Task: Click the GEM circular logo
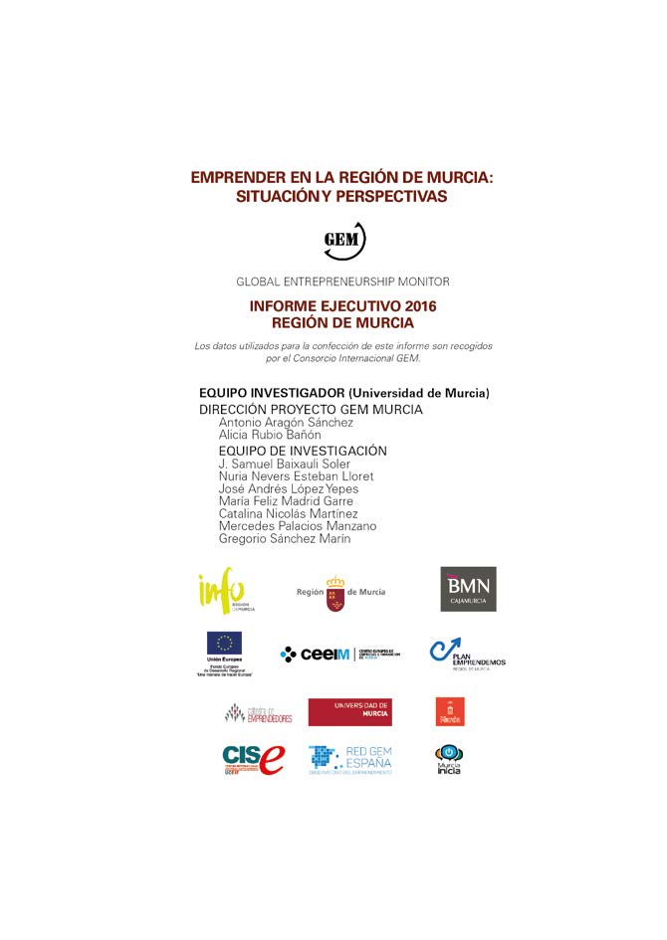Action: click(x=344, y=241)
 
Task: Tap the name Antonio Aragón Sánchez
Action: click(x=286, y=423)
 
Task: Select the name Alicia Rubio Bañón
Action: click(x=270, y=435)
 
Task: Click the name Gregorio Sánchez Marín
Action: click(x=285, y=538)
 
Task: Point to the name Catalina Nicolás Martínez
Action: click(x=288, y=513)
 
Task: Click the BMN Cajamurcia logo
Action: click(x=468, y=589)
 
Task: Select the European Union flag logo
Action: click(x=224, y=644)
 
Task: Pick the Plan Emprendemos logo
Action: click(x=466, y=655)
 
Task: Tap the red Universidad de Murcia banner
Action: click(x=348, y=711)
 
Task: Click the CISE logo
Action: click(x=253, y=760)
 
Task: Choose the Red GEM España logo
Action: click(x=349, y=760)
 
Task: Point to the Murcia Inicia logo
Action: click(x=449, y=760)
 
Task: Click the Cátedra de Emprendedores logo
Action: click(x=258, y=713)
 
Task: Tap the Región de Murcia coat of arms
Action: click(x=335, y=593)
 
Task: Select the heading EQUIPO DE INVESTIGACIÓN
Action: click(x=303, y=451)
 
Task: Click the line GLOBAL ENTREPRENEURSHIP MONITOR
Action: click(x=342, y=282)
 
